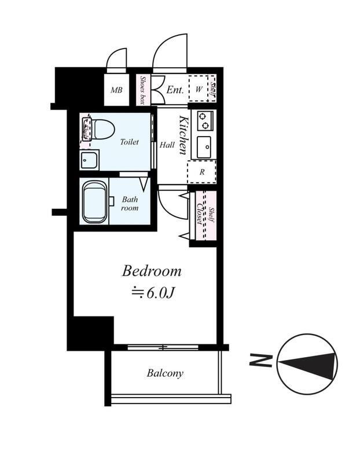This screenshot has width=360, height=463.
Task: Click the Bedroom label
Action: coord(152,271)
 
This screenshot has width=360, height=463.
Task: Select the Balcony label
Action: coord(165,373)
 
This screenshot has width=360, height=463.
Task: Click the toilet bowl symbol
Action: coord(102,129)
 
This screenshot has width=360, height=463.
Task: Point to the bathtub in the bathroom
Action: coord(95,202)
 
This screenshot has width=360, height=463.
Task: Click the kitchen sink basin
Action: coord(204,147)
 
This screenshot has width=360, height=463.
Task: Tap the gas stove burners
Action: coord(205,121)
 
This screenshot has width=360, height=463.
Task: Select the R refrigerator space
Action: coord(202,172)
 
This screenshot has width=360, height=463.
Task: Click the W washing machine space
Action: coord(199,89)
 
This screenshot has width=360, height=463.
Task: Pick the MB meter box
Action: coord(116,90)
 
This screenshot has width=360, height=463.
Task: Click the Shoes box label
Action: coord(142,90)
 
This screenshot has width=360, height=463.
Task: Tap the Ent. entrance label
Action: coord(175,90)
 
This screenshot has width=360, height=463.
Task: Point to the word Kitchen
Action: coord(183,135)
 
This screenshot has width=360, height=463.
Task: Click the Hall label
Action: coord(167,145)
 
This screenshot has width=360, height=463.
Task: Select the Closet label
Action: coord(200,214)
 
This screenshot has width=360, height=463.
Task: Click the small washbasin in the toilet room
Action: coord(89,160)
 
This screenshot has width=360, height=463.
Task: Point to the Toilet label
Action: coord(129,142)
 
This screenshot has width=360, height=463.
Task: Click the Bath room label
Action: coord(130,204)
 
